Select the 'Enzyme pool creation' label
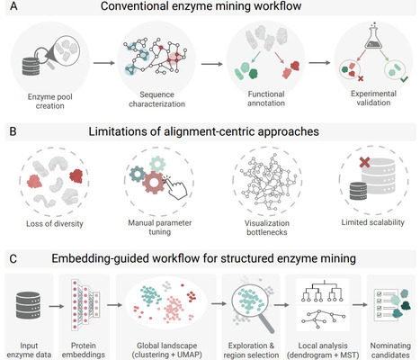[x=50, y=103]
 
